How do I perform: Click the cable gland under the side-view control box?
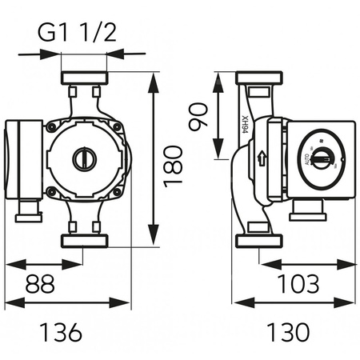(x=306, y=209)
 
